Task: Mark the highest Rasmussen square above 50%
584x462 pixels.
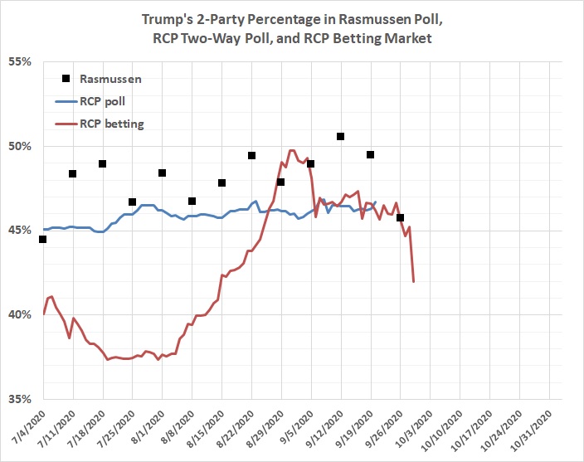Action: tap(340, 136)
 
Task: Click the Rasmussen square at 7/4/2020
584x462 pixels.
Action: tap(42, 240)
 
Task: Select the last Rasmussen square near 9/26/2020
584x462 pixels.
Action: tap(400, 218)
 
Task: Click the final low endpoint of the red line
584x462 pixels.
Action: tap(414, 281)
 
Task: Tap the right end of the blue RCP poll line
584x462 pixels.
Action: tap(376, 202)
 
